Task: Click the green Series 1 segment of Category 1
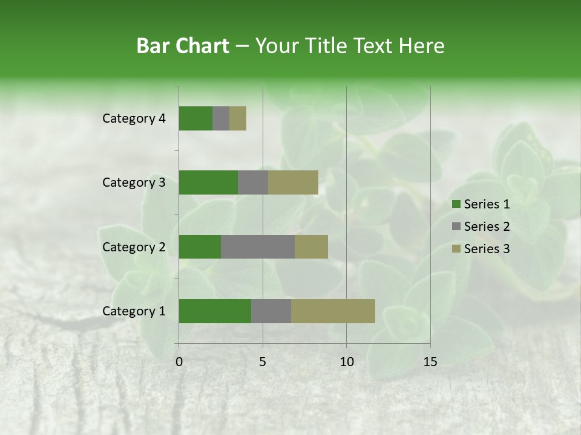pos(215,311)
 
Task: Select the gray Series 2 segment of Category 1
pos(271,311)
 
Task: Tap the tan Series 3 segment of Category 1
pos(333,311)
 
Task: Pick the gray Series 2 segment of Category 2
pos(258,246)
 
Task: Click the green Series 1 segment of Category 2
pos(200,246)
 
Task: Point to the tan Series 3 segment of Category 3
pos(293,182)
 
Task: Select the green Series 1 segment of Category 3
pos(208,182)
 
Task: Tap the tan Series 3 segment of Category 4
pos(238,118)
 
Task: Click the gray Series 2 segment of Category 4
pos(221,118)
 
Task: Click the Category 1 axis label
pos(134,311)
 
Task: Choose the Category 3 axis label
pos(134,182)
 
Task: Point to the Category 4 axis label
pos(134,118)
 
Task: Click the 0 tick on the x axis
pos(179,362)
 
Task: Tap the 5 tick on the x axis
pos(263,362)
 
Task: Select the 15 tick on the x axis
pos(430,362)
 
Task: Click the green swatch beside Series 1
pos(456,204)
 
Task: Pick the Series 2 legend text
pos(487,227)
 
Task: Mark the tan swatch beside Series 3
pos(456,249)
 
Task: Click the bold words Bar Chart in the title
pos(183,46)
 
